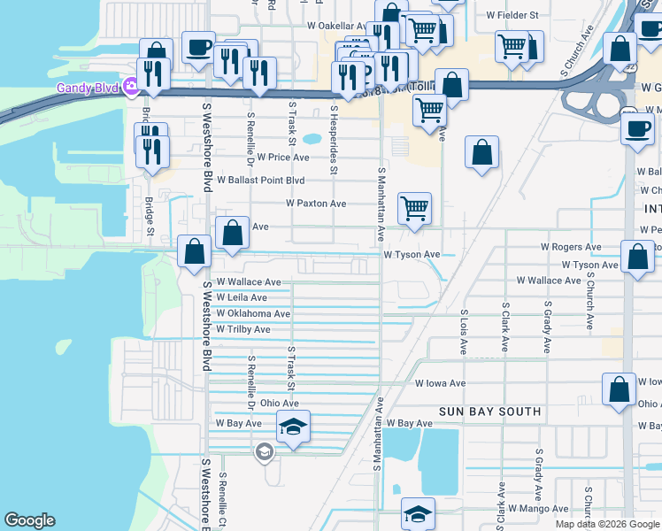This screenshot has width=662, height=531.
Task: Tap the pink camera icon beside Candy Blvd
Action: pyautogui.click(x=132, y=87)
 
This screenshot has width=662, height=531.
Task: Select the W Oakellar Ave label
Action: pyautogui.click(x=336, y=27)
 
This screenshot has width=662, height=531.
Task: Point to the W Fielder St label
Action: pyautogui.click(x=512, y=16)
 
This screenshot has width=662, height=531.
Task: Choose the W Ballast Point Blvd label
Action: pyautogui.click(x=261, y=180)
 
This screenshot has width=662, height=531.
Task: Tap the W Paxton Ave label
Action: pyautogui.click(x=316, y=204)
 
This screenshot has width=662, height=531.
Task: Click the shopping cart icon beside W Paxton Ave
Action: pyautogui.click(x=414, y=209)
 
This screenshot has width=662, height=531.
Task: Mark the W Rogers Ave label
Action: pyautogui.click(x=571, y=247)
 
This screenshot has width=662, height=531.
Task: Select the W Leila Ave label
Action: pyautogui.click(x=242, y=298)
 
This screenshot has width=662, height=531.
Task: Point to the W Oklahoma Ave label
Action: pyautogui.click(x=253, y=314)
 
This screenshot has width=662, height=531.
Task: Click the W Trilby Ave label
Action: pyautogui.click(x=243, y=329)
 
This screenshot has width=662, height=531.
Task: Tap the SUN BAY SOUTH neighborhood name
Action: pyautogui.click(x=490, y=412)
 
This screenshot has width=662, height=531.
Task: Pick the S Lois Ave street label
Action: pyautogui.click(x=463, y=332)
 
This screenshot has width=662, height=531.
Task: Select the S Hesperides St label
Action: pyautogui.click(x=334, y=128)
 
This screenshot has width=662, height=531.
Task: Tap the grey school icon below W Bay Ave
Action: pyautogui.click(x=263, y=453)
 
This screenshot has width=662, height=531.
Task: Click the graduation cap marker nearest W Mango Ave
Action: pyautogui.click(x=418, y=513)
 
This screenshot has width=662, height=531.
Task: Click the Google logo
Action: pyautogui.click(x=29, y=520)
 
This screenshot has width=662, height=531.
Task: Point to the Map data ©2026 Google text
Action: pyautogui.click(x=608, y=524)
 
